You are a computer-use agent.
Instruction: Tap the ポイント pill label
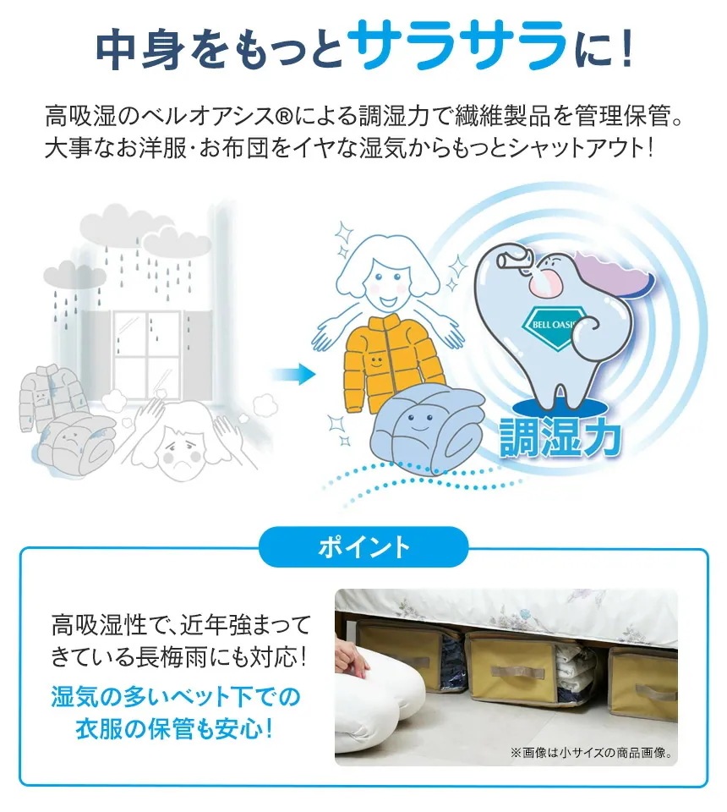pyautogui.click(x=363, y=547)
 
